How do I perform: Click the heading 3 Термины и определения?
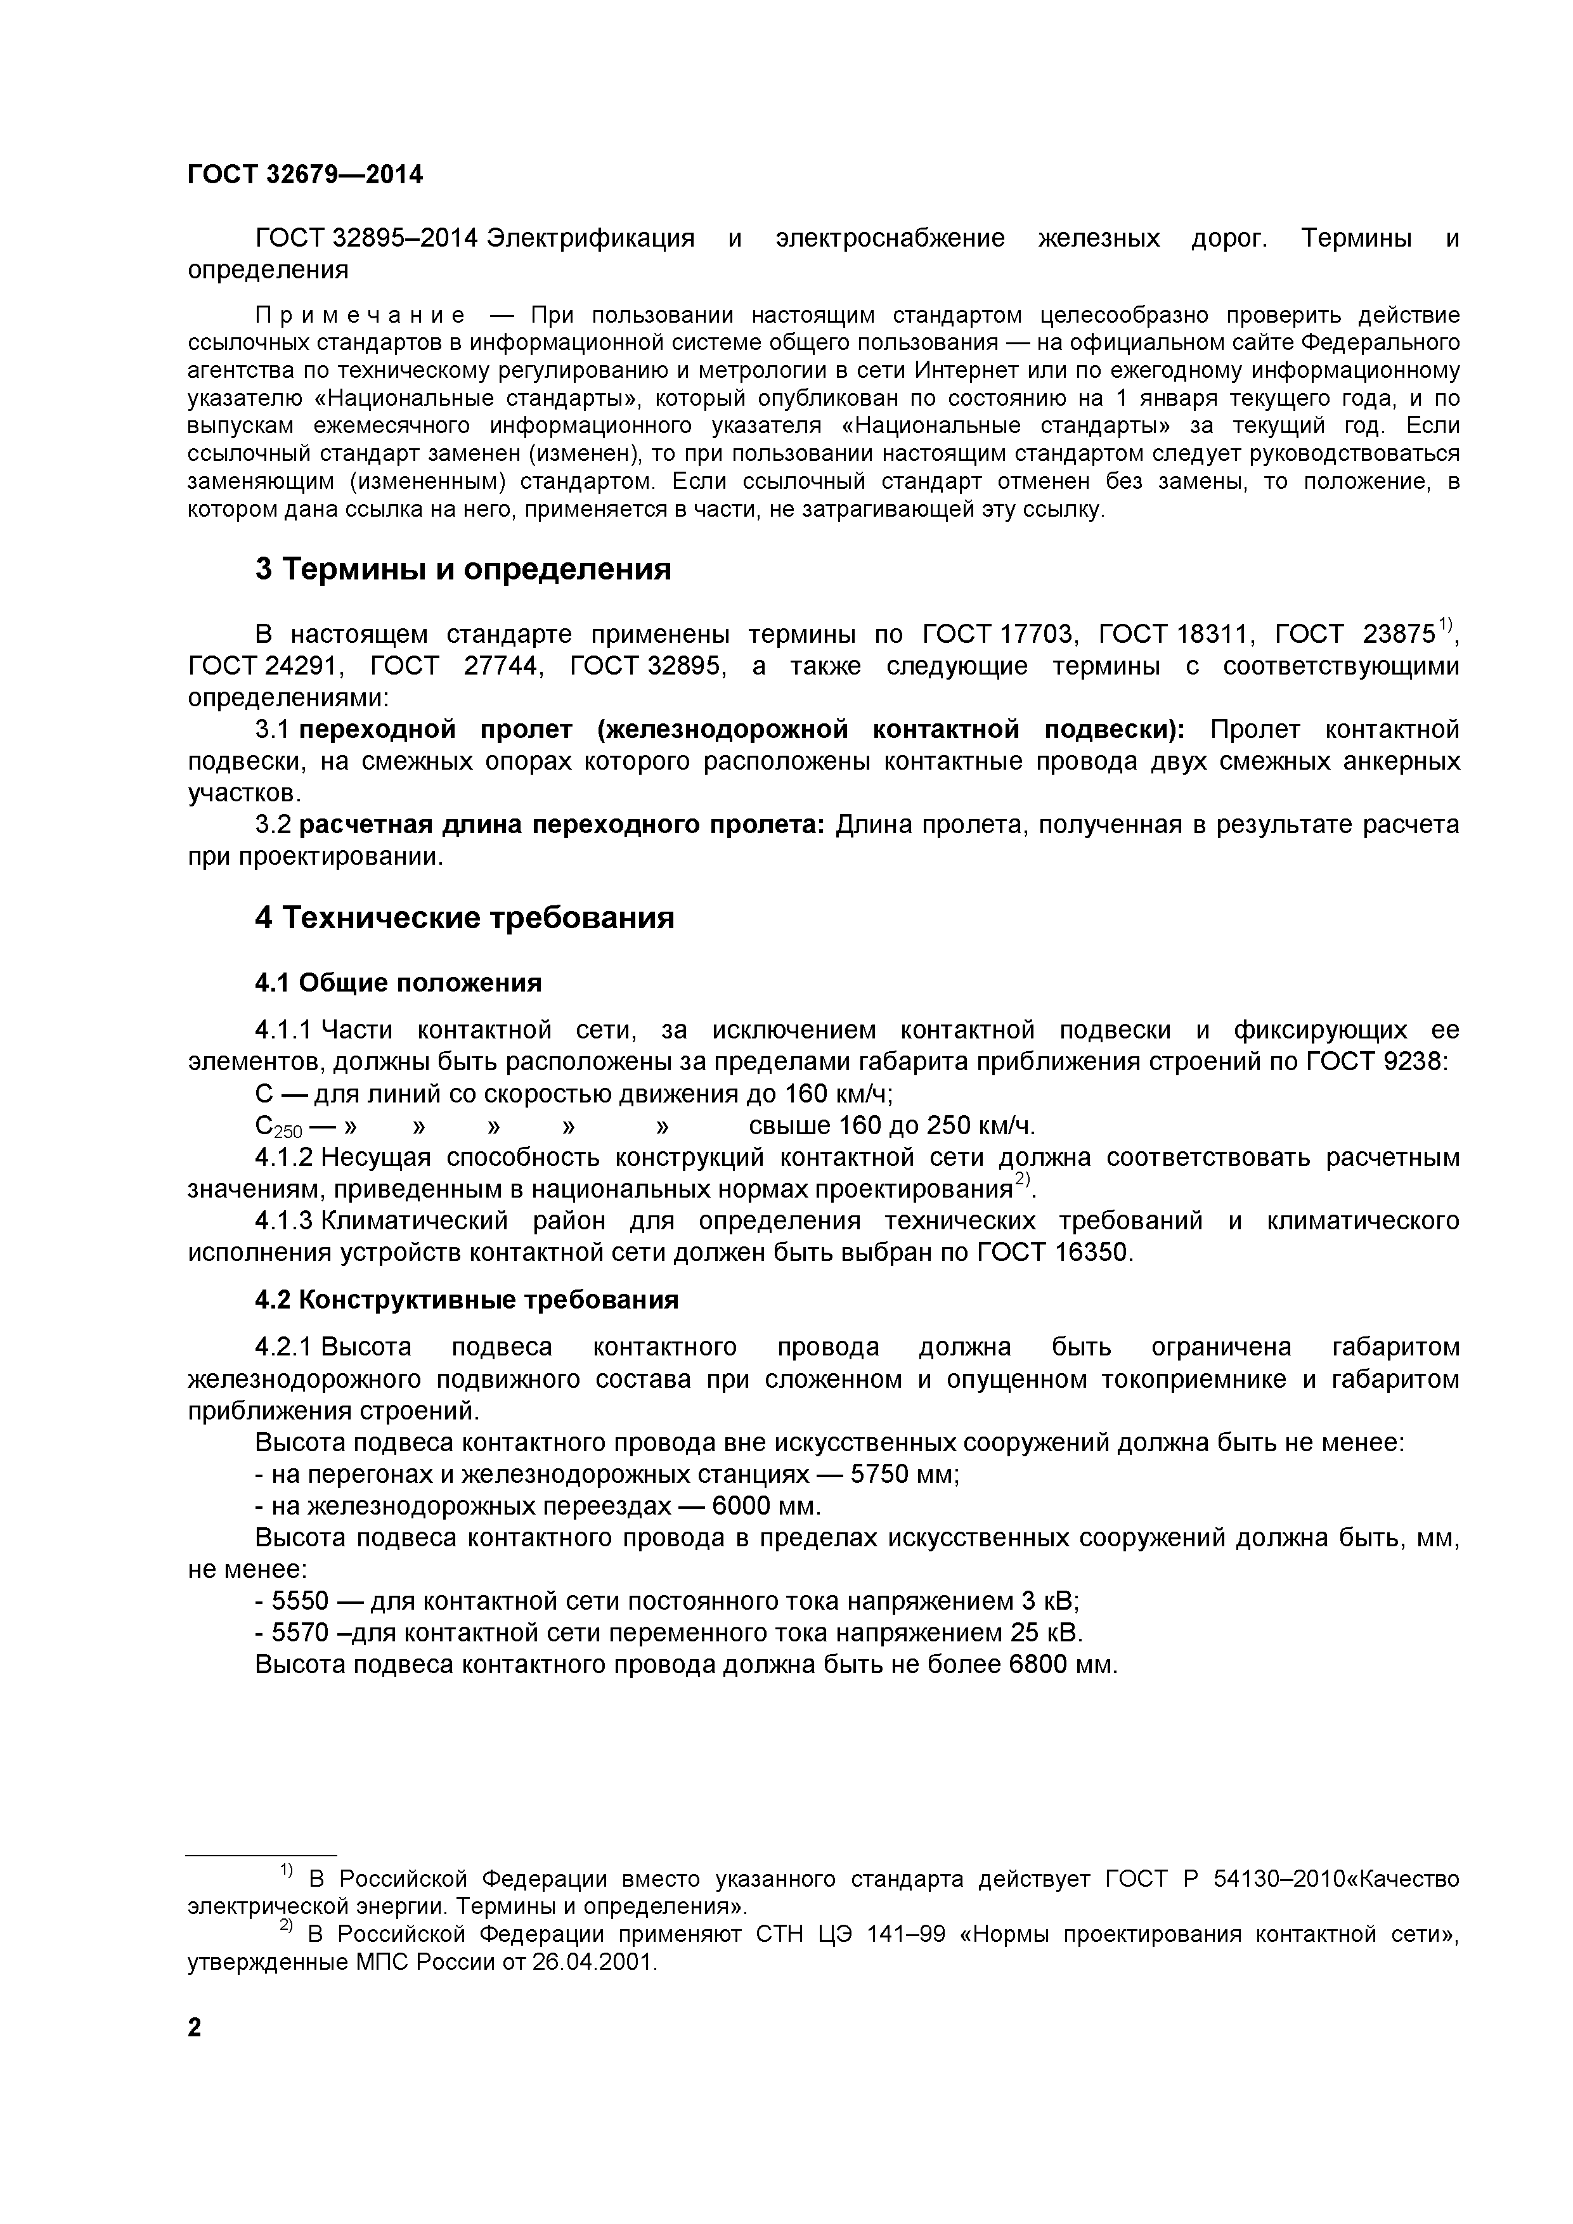463,569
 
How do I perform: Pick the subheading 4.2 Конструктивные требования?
466,1299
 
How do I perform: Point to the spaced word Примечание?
360,316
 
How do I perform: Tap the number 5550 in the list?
302,1601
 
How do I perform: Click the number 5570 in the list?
302,1633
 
